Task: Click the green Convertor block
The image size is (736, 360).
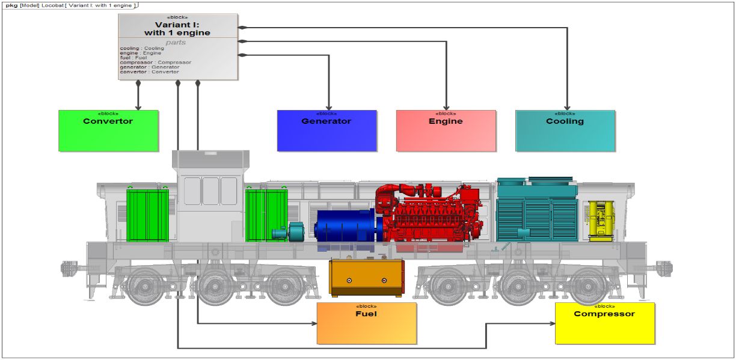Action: tap(108, 130)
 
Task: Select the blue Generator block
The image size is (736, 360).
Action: tap(327, 130)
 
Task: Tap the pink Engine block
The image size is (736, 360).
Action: tap(446, 130)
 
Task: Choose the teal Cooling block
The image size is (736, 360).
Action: tap(565, 130)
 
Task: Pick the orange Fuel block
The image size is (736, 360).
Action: tap(366, 323)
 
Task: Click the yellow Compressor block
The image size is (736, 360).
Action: tap(604, 323)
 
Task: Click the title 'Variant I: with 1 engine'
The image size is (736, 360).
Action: tap(177, 28)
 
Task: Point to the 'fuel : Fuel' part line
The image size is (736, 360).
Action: tap(133, 58)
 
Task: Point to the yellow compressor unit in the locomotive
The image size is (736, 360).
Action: tap(600, 220)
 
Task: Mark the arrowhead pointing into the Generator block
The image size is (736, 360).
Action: tap(330, 107)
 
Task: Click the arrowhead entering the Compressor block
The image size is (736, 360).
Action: tap(551, 323)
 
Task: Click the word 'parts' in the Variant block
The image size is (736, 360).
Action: tap(176, 42)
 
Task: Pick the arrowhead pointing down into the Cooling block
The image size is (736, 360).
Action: tap(566, 107)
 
